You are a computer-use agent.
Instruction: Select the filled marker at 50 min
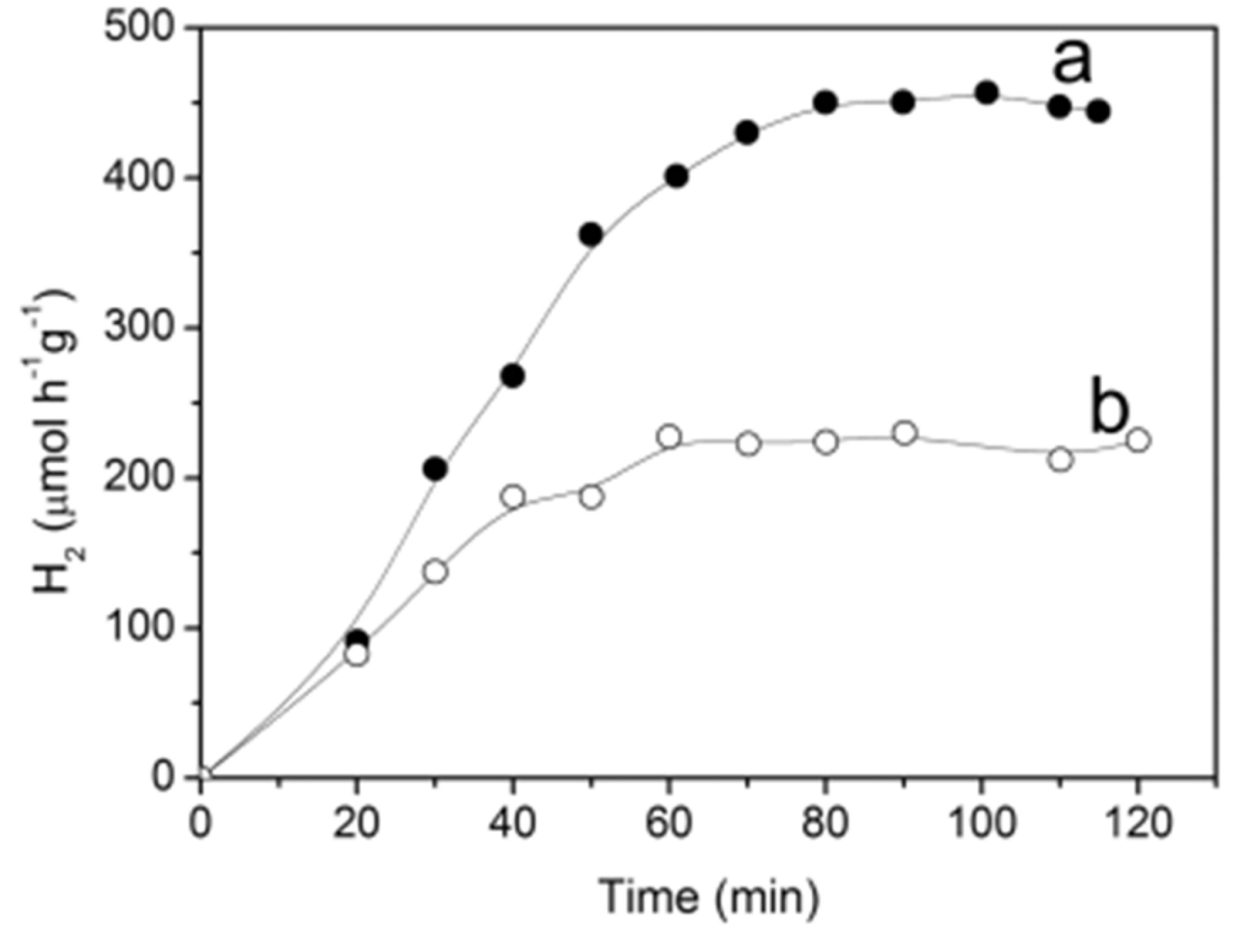[x=591, y=235]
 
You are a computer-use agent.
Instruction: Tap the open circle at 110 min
[x=1061, y=460]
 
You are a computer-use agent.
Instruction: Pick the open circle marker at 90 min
[x=904, y=434]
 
